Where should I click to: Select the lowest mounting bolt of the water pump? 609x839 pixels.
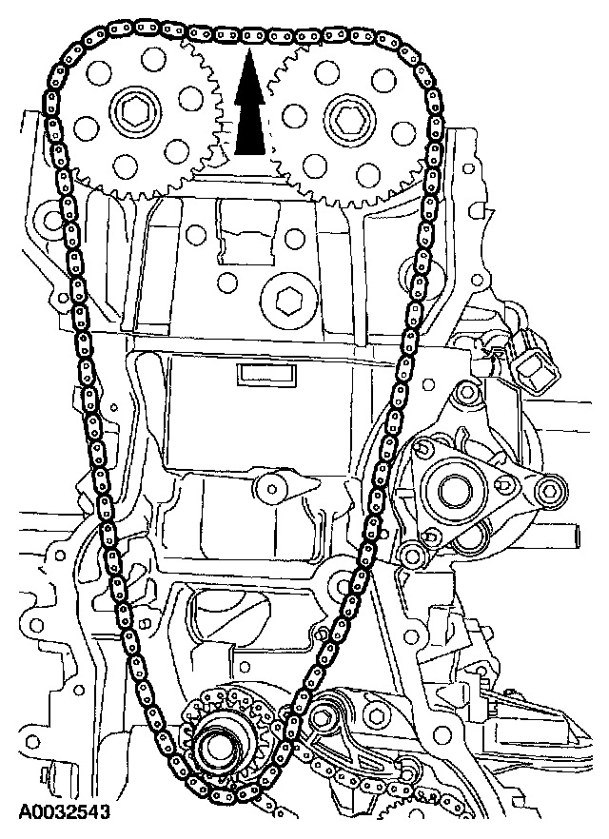(x=410, y=555)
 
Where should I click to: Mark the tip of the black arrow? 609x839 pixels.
(x=248, y=54)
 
